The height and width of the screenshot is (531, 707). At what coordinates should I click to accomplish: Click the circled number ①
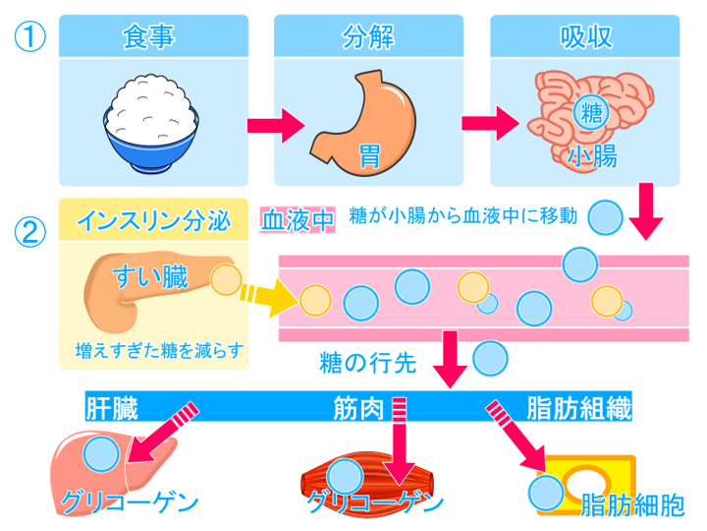coord(28,36)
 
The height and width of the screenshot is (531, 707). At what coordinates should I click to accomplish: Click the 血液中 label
coord(298,218)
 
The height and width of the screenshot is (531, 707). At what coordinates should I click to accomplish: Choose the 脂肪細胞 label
coord(633,505)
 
